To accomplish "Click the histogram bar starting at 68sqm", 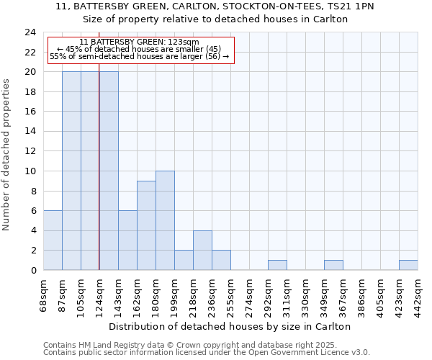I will point(53,240).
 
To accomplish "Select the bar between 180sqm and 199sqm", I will point(165,220).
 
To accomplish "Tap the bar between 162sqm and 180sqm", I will point(146,225).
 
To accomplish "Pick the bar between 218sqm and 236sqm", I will point(202,250).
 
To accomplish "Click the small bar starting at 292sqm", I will point(277,265).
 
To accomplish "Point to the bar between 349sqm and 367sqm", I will point(333,265).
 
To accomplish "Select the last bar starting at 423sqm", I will point(408,265).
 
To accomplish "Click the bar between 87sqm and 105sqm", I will point(71,171).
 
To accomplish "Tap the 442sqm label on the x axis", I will point(418,292).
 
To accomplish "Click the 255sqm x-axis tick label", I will point(231,292).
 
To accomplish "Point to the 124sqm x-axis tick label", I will point(100,292).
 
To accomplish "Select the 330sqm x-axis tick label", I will point(306,292).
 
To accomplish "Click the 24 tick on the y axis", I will point(30,32).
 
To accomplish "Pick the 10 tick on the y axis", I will point(30,171).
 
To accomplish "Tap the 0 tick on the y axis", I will point(33,271).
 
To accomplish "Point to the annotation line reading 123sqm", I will point(140,42).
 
